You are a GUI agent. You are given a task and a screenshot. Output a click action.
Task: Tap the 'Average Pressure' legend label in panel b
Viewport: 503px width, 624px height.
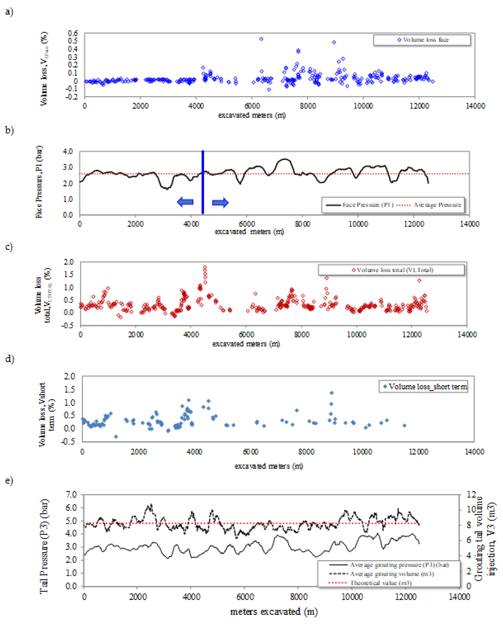click(x=437, y=205)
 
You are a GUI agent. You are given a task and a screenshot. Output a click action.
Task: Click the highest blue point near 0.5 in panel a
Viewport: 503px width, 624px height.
click(x=261, y=39)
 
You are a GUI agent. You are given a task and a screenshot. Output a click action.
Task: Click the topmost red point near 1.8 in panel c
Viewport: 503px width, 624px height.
click(x=205, y=267)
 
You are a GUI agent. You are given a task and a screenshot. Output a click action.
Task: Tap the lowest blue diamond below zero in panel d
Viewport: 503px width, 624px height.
click(x=116, y=436)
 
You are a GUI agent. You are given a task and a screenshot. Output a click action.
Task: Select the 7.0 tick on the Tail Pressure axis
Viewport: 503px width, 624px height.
click(x=71, y=495)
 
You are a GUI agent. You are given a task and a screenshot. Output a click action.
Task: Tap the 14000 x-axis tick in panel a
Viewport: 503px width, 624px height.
click(x=475, y=106)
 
